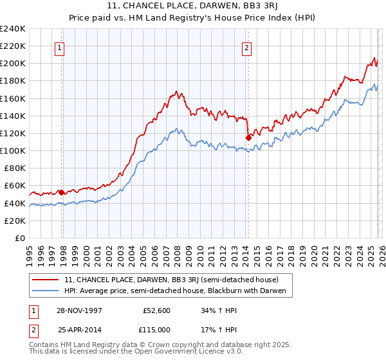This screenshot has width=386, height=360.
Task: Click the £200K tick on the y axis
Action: [x=13, y=64]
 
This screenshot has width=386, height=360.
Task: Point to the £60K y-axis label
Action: [x=15, y=186]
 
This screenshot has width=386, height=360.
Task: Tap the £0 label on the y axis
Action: [x=21, y=238]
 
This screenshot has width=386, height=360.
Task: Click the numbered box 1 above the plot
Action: [x=59, y=47]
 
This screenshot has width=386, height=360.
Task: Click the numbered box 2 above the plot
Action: [x=246, y=47]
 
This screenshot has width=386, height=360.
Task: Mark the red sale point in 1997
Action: [x=62, y=192]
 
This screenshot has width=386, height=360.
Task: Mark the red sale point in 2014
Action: [x=248, y=137]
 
